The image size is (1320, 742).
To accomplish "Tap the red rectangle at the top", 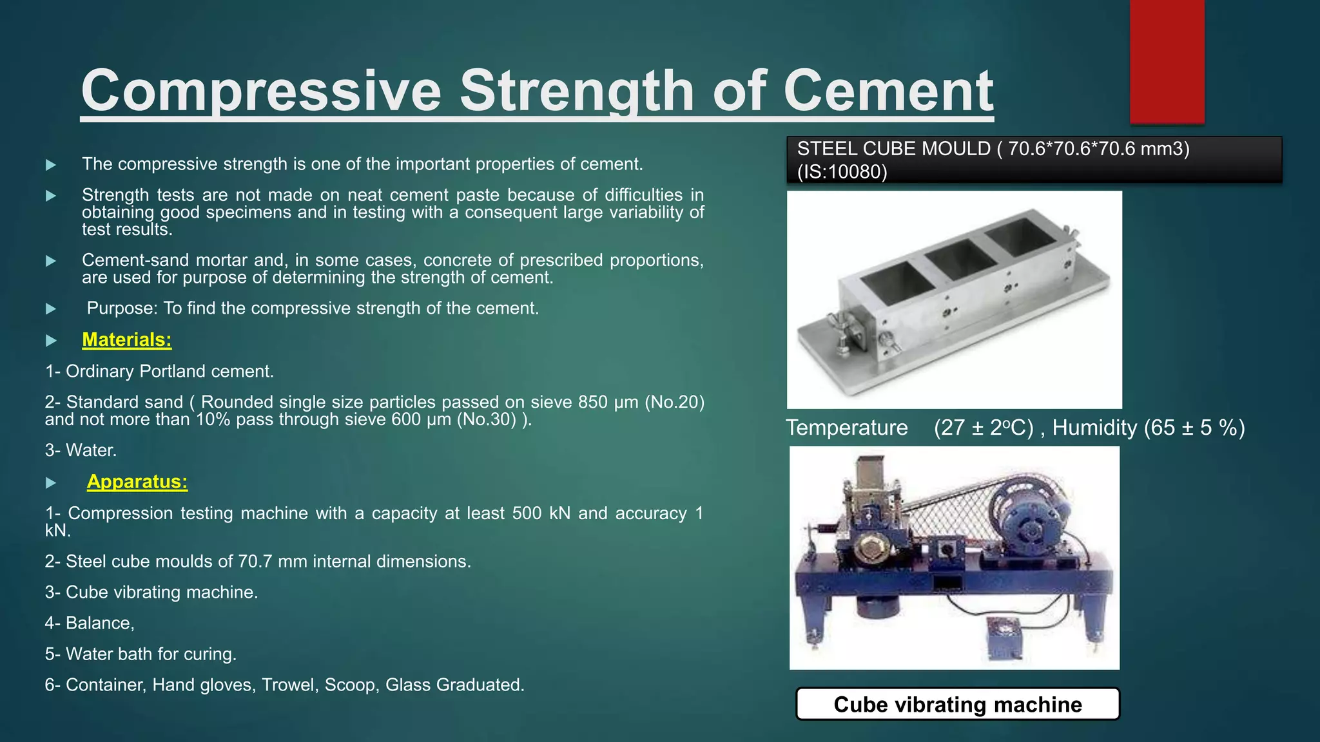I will (x=1167, y=61).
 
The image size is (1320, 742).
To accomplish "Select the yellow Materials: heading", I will (x=127, y=339).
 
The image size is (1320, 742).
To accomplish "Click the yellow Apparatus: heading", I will (x=137, y=482).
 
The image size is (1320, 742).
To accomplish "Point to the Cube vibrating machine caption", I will (x=958, y=704).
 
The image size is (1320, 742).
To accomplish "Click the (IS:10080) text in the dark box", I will (x=842, y=172).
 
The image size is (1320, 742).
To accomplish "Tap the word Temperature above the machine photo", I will (x=846, y=428).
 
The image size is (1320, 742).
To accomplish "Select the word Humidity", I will (x=1094, y=428).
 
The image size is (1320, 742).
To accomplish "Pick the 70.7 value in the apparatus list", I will (x=255, y=562).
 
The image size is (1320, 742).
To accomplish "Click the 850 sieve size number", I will (x=593, y=403).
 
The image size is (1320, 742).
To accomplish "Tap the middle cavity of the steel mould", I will (x=960, y=259).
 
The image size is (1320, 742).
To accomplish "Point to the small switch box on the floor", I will (x=1004, y=638).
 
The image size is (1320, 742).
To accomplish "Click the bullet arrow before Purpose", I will (x=52, y=309).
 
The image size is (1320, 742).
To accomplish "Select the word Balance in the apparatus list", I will (x=98, y=623).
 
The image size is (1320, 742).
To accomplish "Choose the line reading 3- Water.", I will (x=81, y=450).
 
